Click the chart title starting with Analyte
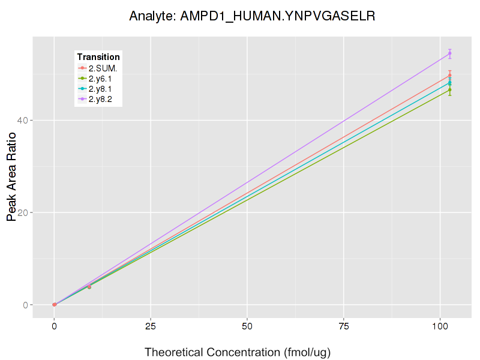pos(252,16)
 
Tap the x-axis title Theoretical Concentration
pos(238,352)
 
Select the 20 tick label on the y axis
pos(22,212)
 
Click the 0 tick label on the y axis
pos(24,305)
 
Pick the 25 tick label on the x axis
pos(151,327)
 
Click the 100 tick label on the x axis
pos(440,327)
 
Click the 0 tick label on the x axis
pos(54,327)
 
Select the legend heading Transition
pos(98,57)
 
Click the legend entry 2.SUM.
pos(103,68)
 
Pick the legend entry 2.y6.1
pos(100,79)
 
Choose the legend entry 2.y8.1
pos(100,89)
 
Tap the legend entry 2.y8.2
pos(100,99)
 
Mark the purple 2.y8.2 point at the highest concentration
pos(450,54)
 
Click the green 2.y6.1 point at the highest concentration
pos(450,90)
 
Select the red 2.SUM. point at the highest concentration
pos(450,75)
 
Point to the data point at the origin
pos(54,305)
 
